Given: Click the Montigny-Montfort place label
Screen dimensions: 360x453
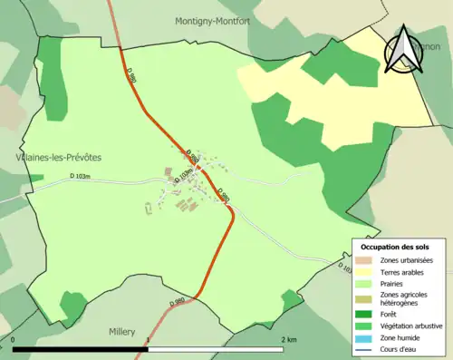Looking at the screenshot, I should coord(213,19).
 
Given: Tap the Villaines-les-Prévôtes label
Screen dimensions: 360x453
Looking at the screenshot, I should coord(58,157).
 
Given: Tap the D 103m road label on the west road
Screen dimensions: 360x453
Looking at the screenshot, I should coord(80,177).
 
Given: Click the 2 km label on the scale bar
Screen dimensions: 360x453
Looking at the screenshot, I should coord(289,339).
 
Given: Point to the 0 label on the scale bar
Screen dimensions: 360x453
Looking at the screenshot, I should coord(13,339).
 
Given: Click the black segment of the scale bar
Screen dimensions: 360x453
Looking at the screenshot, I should coord(80,348).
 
